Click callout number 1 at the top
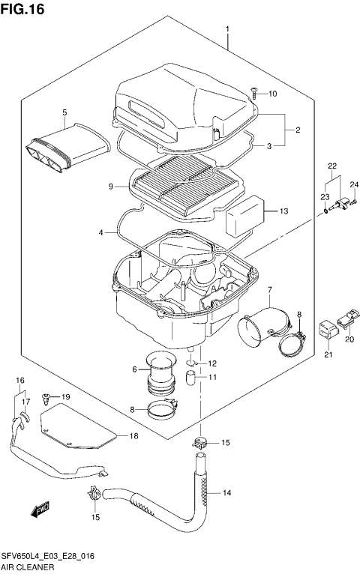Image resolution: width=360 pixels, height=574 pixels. pos(226,29)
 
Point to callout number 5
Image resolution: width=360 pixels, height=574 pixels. pos(64,113)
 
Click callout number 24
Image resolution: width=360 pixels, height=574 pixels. pos(355,184)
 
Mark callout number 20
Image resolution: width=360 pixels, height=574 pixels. pos(349,339)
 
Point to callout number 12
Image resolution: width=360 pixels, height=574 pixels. pos(213,363)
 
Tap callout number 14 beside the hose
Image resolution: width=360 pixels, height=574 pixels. pos(227,493)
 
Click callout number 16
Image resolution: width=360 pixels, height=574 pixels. pos(20,381)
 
